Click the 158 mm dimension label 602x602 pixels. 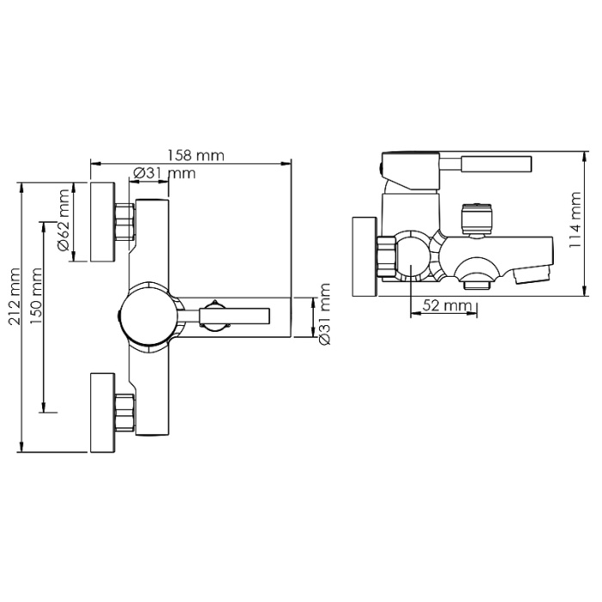[x=195, y=156]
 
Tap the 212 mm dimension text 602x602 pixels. [x=15, y=298]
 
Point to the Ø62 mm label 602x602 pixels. [x=64, y=220]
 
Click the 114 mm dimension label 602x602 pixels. [x=574, y=220]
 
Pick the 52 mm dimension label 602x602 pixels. [x=447, y=305]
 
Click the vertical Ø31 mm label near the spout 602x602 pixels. [x=325, y=314]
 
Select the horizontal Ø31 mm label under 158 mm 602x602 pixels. [x=164, y=173]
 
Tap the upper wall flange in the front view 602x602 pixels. [x=102, y=222]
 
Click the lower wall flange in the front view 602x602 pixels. [x=102, y=412]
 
